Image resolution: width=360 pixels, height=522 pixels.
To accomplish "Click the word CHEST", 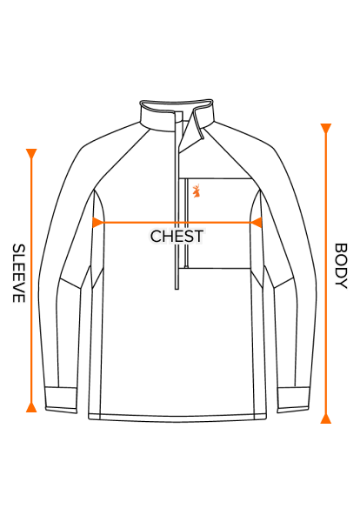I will click(177, 237).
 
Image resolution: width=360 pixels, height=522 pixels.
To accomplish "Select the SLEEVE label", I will click(18, 273).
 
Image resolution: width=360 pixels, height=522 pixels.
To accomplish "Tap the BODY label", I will click(341, 266).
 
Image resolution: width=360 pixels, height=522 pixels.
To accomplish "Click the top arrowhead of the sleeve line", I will click(31, 154).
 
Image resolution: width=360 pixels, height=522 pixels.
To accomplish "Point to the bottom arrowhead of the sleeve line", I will click(31, 406).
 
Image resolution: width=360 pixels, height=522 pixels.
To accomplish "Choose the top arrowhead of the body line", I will click(326, 129).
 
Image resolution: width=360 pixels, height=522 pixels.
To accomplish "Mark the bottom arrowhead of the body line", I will click(326, 418).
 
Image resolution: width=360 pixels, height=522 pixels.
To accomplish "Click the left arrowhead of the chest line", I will click(97, 223).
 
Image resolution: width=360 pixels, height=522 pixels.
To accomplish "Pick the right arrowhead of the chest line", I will click(256, 223).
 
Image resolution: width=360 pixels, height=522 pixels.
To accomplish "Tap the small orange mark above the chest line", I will click(197, 191).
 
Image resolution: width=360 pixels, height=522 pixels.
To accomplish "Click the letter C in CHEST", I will click(156, 237).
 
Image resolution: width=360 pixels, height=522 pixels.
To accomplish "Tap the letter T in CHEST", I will click(198, 237).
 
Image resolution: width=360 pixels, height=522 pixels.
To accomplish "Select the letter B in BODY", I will click(341, 248).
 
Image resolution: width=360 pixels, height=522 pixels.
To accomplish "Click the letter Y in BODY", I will click(341, 284).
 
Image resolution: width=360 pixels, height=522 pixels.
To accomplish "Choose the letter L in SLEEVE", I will click(18, 258).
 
